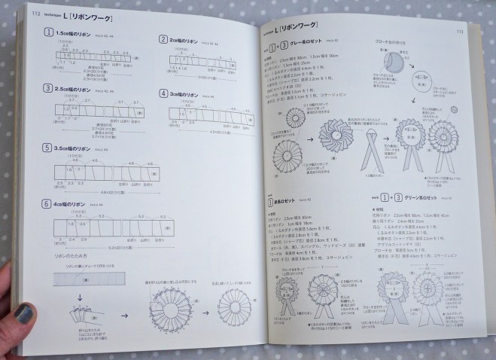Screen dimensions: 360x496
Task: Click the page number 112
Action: tap(35, 13)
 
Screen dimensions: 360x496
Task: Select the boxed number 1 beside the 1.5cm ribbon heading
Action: tap(48, 32)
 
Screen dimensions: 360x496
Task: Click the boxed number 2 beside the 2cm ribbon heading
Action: tap(163, 38)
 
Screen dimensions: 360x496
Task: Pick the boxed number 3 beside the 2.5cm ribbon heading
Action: tap(47, 88)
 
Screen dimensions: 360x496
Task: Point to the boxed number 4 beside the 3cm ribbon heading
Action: tap(163, 93)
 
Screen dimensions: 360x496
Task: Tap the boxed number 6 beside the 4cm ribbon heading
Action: tap(47, 203)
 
